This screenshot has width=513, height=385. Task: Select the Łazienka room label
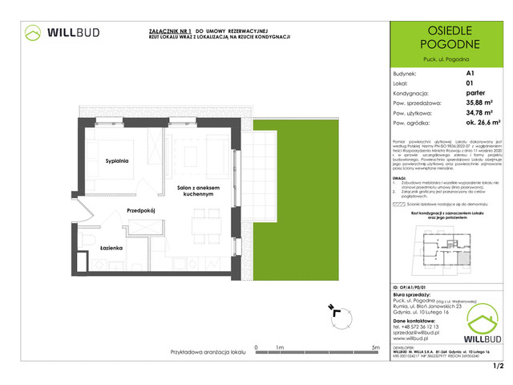(111, 249)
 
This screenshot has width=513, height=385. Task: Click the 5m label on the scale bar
(376, 346)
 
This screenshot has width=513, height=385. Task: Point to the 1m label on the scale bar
(280, 346)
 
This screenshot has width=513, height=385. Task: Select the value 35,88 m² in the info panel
(478, 102)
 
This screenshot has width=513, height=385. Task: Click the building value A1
(469, 71)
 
